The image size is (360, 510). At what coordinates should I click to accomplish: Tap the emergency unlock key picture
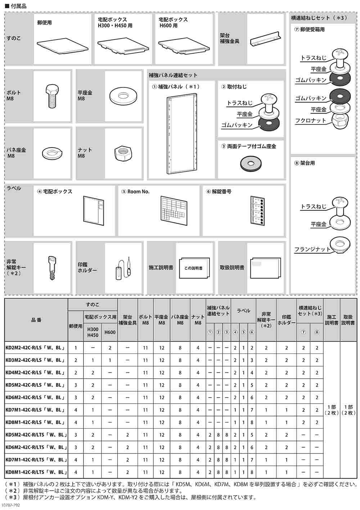[52, 268]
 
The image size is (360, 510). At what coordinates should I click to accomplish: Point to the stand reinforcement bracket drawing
[266, 38]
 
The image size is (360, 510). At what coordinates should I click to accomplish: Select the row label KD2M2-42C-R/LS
[35, 348]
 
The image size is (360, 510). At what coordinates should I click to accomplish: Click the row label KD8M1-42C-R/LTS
[35, 472]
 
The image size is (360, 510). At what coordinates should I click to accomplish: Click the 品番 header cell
[36, 320]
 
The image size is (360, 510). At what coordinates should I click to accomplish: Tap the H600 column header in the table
[109, 332]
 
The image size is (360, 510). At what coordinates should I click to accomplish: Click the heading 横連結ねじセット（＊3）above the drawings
[319, 18]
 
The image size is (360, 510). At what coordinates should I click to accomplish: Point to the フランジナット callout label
[312, 249]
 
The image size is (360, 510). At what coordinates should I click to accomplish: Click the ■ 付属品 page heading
[16, 6]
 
